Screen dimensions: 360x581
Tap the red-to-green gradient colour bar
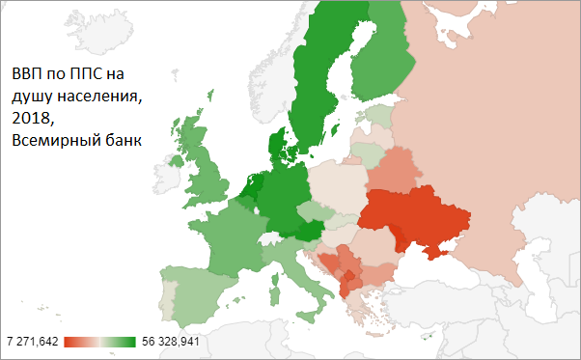(100, 341)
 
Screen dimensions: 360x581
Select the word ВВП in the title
(28, 73)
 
